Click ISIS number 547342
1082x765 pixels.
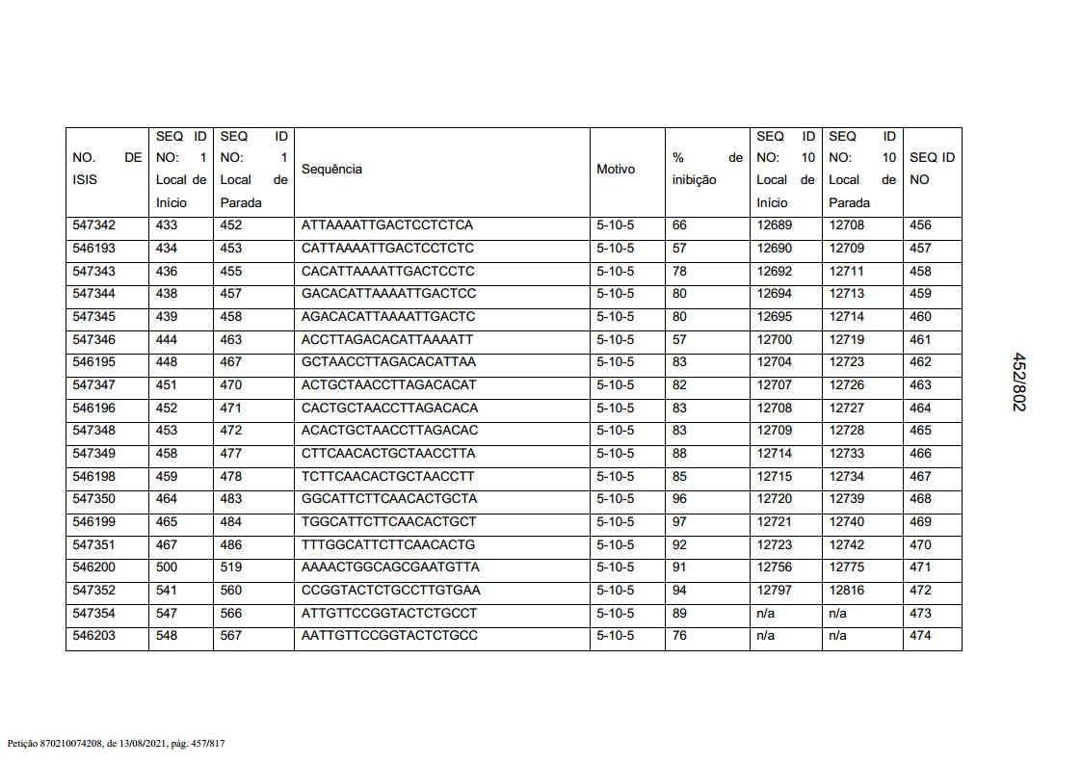pos(94,225)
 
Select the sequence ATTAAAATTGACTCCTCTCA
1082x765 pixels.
pos(387,225)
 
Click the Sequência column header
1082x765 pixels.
pos(332,170)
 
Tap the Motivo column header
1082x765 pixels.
pos(616,170)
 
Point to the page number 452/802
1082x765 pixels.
pos(1018,382)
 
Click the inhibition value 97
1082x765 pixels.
pos(680,522)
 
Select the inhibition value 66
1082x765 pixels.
pos(680,225)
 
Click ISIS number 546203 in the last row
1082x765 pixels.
pos(94,636)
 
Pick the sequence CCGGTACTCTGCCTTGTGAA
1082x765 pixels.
pos(390,591)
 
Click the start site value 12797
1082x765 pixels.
pos(775,591)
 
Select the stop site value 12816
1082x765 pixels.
pos(847,591)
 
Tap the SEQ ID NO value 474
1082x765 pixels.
pos(920,636)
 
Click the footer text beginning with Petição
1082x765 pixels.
pos(116,744)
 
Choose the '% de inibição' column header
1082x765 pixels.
pos(707,169)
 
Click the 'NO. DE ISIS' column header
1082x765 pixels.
pos(106,169)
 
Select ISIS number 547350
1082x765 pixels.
pos(94,499)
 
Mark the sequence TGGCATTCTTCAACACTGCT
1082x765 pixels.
pos(388,522)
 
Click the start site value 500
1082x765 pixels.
pos(167,567)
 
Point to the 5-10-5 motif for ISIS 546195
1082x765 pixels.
pos(616,362)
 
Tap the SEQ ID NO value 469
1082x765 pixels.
pos(920,522)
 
